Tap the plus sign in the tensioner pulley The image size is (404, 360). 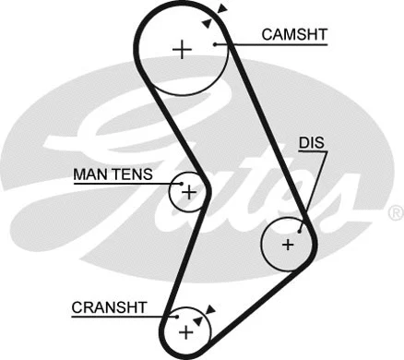coord(189,193)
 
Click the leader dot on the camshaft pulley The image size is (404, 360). coord(214,42)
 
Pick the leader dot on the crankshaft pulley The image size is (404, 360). coord(177,317)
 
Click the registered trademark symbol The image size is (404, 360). coord(396,214)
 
